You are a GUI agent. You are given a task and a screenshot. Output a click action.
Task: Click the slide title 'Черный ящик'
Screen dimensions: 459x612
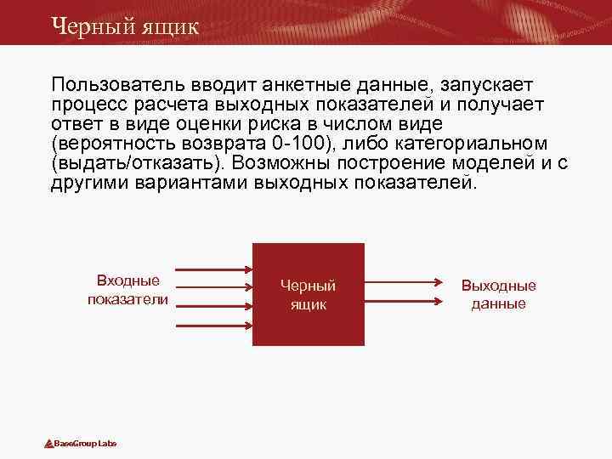click(x=124, y=25)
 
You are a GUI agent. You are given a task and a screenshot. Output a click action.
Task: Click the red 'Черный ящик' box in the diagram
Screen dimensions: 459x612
click(x=309, y=295)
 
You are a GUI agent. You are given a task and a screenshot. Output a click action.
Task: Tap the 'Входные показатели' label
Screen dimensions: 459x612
click(x=128, y=290)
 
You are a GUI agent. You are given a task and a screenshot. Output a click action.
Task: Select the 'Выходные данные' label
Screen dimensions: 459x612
click(x=499, y=295)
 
